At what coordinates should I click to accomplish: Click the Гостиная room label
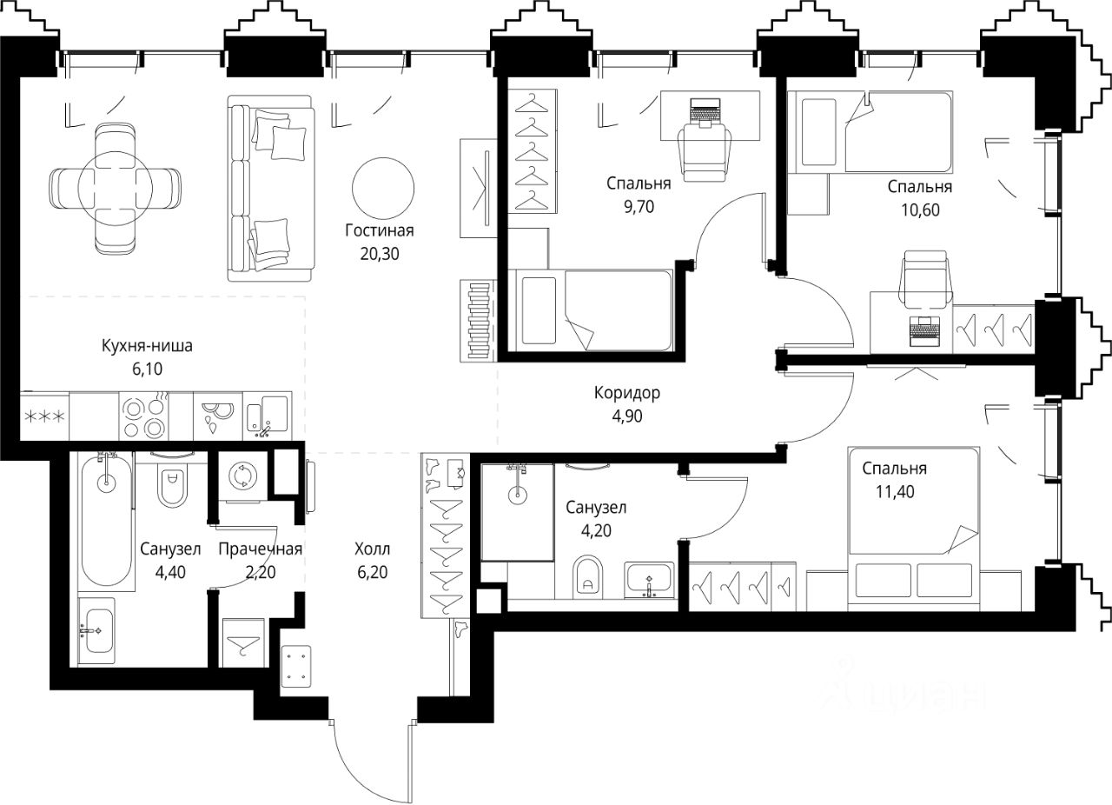(x=380, y=230)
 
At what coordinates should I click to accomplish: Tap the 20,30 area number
(x=380, y=254)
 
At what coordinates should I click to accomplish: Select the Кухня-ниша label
(x=147, y=346)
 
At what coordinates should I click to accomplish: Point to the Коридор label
(x=627, y=393)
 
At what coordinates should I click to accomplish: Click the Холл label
(x=373, y=549)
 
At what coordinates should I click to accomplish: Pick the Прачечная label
(x=260, y=549)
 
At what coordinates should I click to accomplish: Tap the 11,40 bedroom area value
(x=895, y=492)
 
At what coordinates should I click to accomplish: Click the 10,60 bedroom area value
(x=920, y=210)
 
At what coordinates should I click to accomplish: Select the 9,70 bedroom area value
(x=639, y=207)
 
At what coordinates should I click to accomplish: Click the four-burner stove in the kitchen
(x=143, y=416)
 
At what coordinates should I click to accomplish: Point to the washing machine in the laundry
(x=243, y=476)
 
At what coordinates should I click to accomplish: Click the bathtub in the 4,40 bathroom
(x=106, y=522)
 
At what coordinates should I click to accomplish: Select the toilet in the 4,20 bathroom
(x=588, y=578)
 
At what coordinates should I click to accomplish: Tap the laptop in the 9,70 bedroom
(x=705, y=113)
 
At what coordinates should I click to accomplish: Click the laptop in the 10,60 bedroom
(x=925, y=331)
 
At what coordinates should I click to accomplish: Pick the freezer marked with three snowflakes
(x=44, y=416)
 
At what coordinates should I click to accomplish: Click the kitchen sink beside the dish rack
(x=268, y=416)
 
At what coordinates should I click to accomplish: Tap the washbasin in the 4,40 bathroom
(x=97, y=630)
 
